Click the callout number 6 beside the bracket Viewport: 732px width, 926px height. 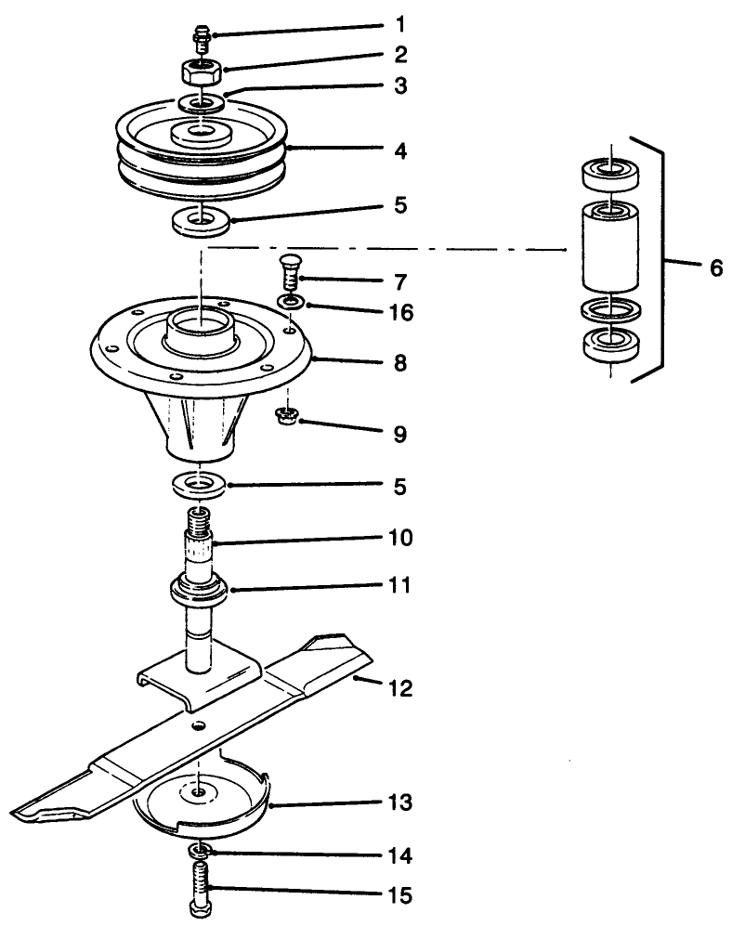click(715, 267)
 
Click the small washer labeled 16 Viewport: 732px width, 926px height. click(292, 302)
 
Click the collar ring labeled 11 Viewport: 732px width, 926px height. click(202, 590)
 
